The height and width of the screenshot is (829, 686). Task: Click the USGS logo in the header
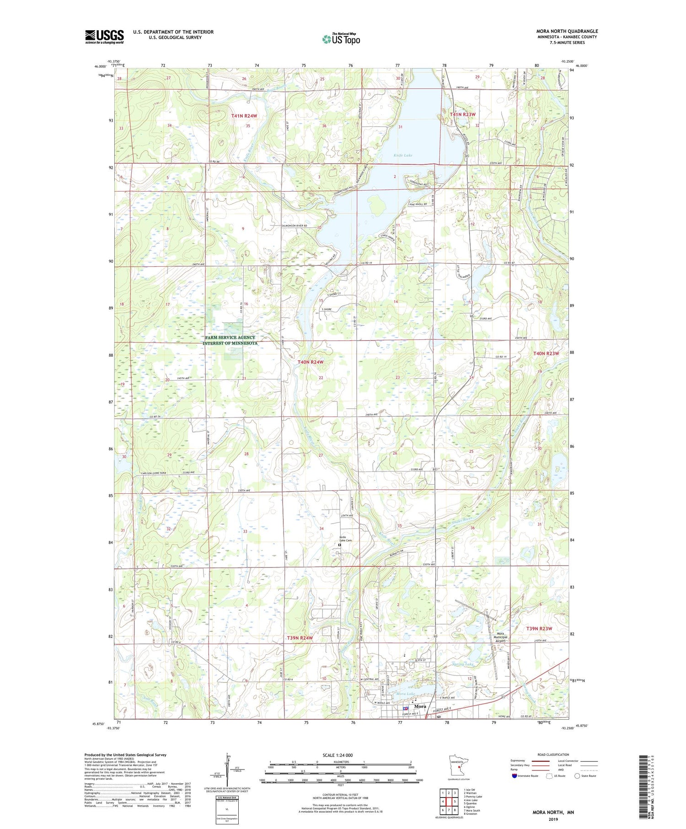point(104,36)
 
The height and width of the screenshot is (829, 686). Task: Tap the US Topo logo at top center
point(341,39)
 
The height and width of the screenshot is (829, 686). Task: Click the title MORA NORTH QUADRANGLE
point(567,31)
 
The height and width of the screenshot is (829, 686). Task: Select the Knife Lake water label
point(403,155)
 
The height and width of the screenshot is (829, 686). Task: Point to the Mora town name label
point(420,706)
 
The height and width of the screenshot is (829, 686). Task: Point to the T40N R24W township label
point(311,362)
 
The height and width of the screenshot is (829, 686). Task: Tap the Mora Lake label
point(405,694)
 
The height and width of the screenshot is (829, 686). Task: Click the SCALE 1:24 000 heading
point(341,755)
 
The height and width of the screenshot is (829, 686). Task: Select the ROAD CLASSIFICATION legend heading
point(553,754)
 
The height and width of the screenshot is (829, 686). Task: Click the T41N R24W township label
point(244,116)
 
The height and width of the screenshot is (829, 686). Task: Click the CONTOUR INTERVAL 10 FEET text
point(341,796)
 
